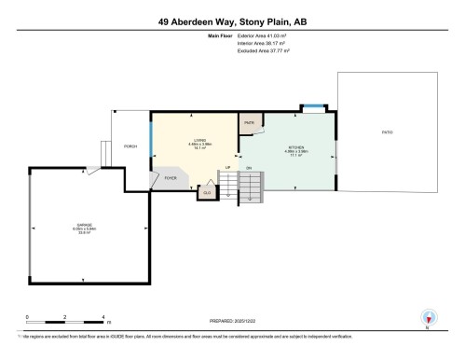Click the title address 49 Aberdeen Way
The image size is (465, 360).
(x=232, y=18)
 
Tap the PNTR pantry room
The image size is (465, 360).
(x=249, y=123)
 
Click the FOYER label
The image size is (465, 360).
(x=171, y=177)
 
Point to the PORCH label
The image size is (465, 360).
(x=131, y=146)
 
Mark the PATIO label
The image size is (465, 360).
(x=387, y=132)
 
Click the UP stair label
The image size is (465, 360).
(x=226, y=167)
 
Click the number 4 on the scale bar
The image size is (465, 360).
(x=103, y=317)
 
